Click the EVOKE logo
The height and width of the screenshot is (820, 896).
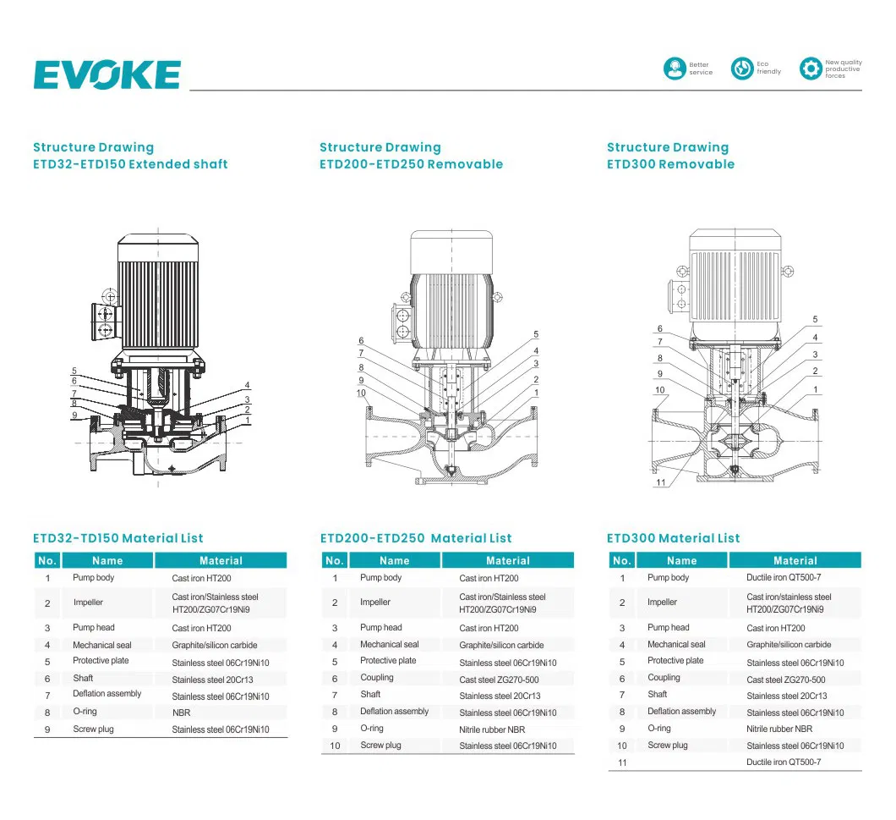click(x=107, y=74)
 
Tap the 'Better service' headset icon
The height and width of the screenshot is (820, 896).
click(x=674, y=69)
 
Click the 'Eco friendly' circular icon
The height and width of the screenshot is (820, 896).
click(x=741, y=69)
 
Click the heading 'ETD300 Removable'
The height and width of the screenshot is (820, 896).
click(x=670, y=164)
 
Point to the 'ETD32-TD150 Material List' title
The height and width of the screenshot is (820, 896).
click(x=118, y=538)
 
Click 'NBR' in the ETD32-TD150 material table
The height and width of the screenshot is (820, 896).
click(x=181, y=713)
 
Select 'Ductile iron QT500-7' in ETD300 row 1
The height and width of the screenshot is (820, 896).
click(x=784, y=578)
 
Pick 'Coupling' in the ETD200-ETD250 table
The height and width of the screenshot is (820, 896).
click(x=377, y=678)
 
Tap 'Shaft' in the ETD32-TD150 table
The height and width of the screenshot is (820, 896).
click(x=83, y=678)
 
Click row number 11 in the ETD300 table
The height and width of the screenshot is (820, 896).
click(x=622, y=762)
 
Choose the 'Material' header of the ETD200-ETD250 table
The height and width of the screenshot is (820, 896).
click(x=507, y=560)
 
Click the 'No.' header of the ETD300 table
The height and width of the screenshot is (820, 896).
click(x=621, y=560)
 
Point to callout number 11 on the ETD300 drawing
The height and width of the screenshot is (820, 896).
click(x=661, y=482)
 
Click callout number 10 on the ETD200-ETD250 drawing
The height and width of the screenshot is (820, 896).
click(x=361, y=393)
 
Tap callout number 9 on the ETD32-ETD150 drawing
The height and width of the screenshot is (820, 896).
click(x=74, y=415)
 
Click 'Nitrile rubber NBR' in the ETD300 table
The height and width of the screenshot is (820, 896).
click(x=779, y=729)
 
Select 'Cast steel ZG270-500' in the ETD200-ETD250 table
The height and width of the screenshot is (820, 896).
click(x=499, y=680)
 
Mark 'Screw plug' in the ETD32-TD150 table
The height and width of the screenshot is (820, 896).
click(x=93, y=729)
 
